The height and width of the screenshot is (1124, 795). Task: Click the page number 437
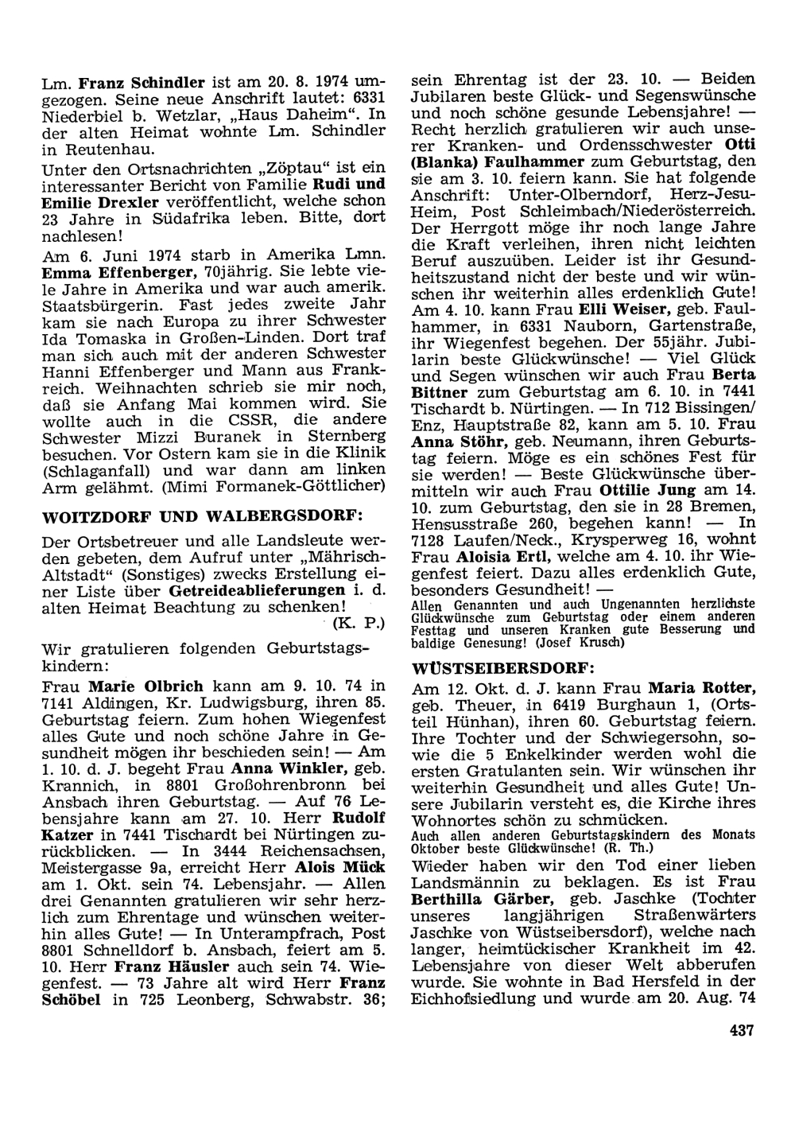[x=740, y=1030]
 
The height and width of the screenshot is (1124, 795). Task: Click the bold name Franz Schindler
[x=143, y=82]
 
